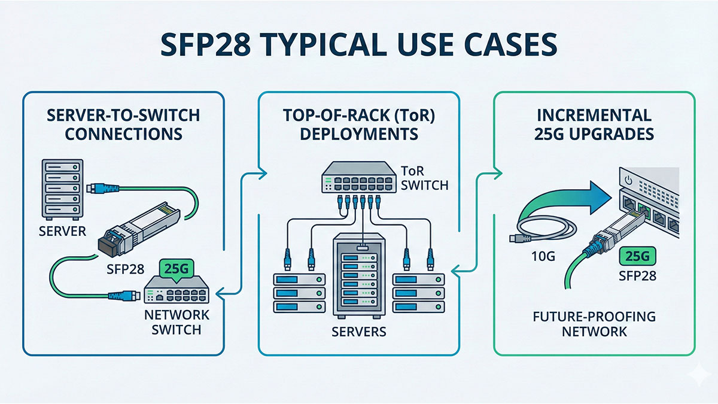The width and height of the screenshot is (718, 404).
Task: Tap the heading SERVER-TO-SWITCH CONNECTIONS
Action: [123, 124]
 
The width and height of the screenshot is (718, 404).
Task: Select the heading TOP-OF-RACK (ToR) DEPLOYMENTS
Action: [358, 124]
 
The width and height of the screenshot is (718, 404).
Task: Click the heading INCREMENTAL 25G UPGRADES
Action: [594, 124]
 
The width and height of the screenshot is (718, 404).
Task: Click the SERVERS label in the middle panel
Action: [358, 331]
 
